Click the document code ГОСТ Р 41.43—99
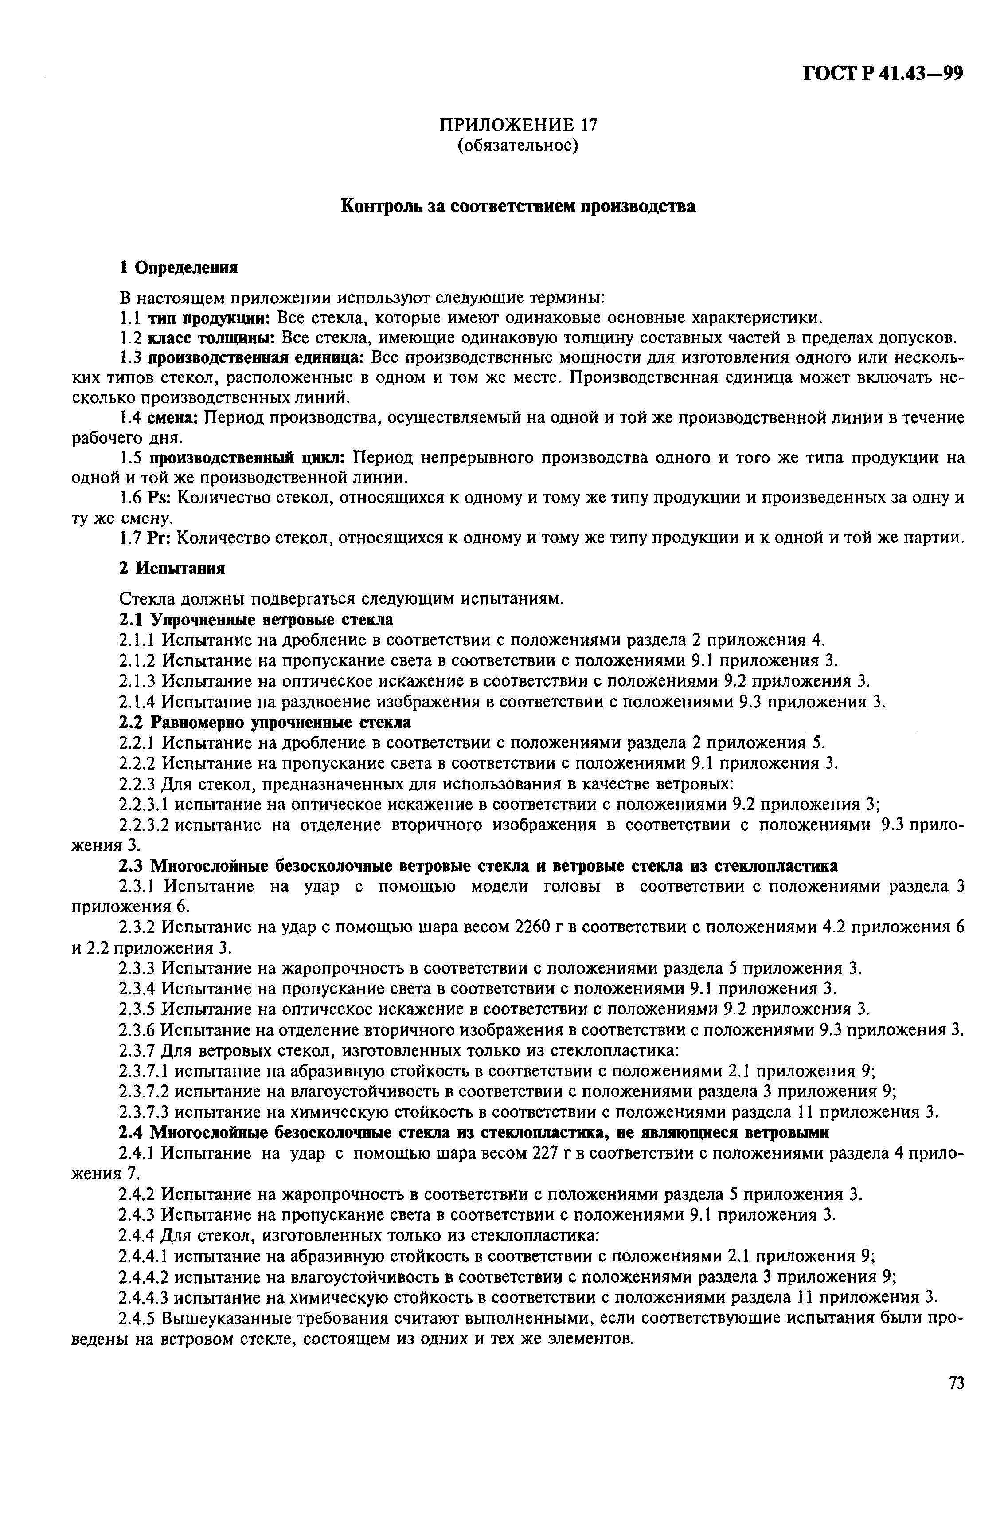[883, 75]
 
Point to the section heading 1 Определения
[179, 267]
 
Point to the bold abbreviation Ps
[157, 499]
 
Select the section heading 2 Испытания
[172, 569]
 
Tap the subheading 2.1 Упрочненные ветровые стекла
[256, 620]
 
